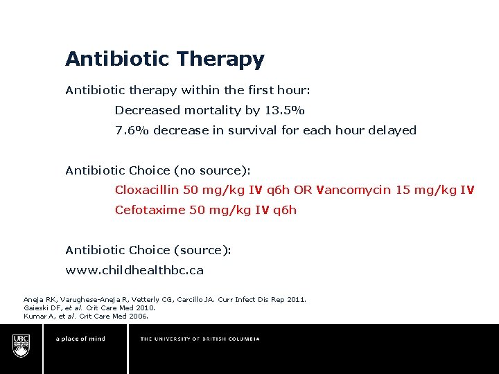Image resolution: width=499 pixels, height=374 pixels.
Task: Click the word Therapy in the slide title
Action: (x=221, y=60)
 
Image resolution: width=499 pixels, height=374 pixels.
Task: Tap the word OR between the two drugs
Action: (x=303, y=190)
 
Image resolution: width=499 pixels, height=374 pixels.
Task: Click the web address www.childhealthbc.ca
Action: (x=134, y=270)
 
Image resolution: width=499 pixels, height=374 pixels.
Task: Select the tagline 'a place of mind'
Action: (x=80, y=339)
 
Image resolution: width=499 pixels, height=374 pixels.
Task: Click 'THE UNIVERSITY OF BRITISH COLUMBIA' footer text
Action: (x=200, y=339)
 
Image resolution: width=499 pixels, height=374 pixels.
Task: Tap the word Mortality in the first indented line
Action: (x=214, y=110)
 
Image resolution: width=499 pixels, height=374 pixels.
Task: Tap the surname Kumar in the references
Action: (x=35, y=317)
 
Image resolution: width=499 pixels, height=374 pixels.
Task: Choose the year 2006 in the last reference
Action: (x=137, y=317)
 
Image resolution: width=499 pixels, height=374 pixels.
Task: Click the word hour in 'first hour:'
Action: (x=292, y=90)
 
